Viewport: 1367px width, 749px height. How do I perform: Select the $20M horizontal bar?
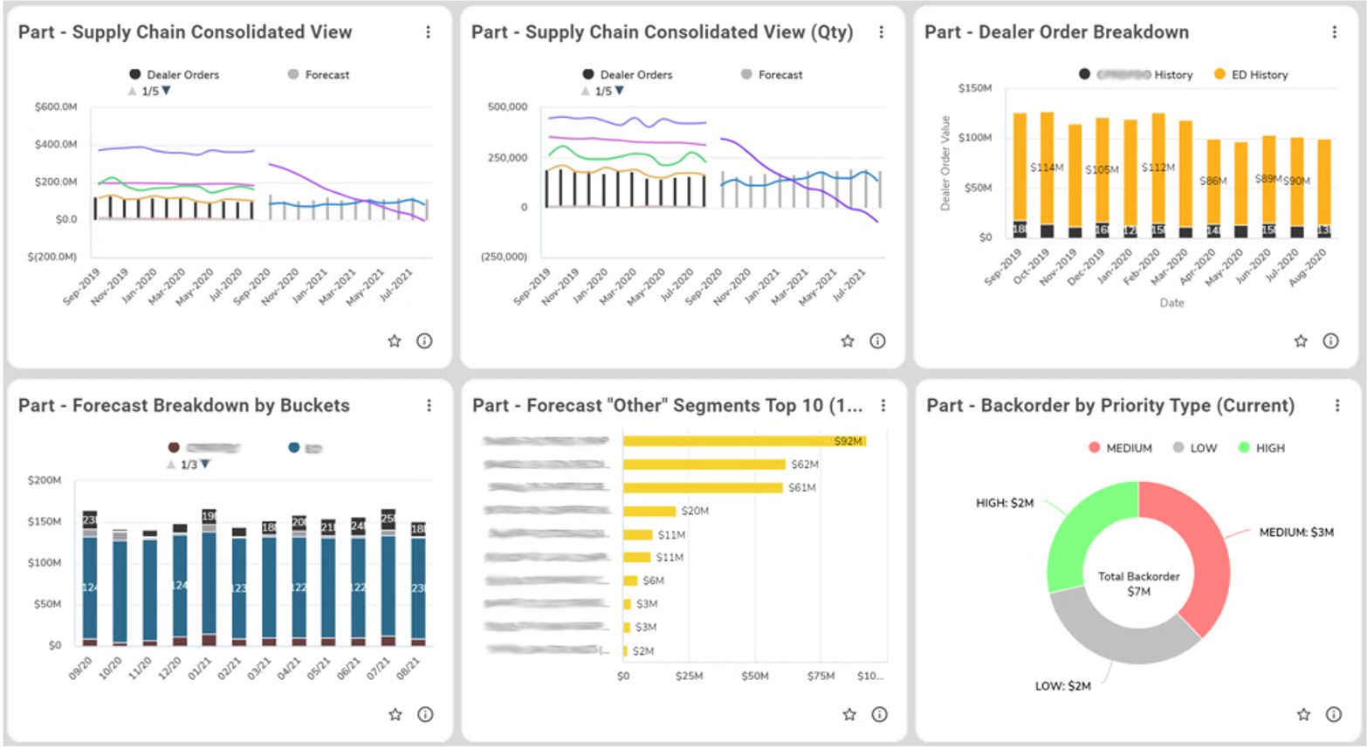[649, 511]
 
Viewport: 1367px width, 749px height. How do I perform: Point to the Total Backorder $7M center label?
[1138, 584]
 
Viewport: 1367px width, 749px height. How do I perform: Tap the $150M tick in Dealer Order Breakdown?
[974, 88]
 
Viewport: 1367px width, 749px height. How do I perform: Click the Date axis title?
[1171, 303]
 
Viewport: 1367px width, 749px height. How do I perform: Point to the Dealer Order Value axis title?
[945, 163]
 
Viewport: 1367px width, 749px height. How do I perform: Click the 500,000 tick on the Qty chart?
[507, 107]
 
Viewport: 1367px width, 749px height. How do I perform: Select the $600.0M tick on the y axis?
[56, 107]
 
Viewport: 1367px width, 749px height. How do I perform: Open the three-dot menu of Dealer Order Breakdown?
[1334, 32]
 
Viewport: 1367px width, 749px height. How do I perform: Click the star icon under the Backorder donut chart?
[1303, 714]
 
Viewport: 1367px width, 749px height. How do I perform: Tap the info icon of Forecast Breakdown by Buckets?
[425, 714]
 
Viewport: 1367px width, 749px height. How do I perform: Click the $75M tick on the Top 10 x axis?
[821, 676]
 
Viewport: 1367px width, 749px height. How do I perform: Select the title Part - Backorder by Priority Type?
[1109, 405]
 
